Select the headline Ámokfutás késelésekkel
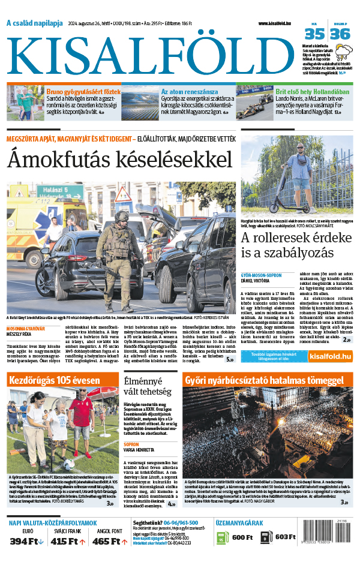point(119,160)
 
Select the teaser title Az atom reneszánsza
point(189,92)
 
